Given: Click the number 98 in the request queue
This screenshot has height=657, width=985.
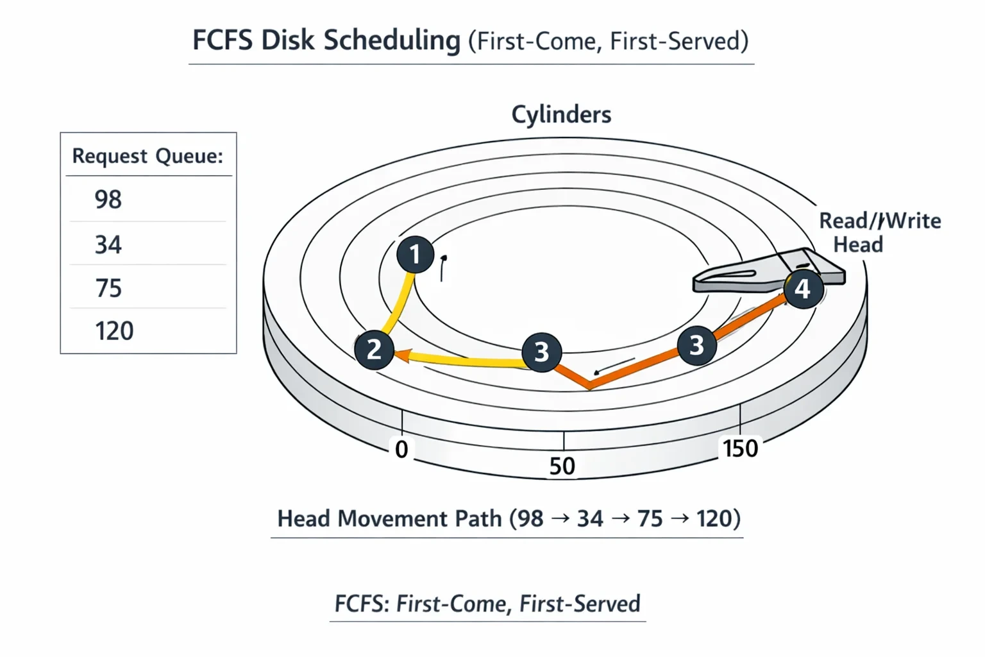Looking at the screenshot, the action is point(108,200).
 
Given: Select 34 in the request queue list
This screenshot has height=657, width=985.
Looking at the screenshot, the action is point(108,244).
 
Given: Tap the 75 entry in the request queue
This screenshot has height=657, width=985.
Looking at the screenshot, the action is point(108,288).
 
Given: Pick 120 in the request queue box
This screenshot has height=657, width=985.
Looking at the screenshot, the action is point(114,331).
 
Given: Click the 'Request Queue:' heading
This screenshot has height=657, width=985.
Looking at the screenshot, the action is point(147,156).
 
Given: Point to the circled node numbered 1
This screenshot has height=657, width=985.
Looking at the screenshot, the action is point(415,254).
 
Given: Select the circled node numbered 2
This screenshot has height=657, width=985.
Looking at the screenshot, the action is point(374,350).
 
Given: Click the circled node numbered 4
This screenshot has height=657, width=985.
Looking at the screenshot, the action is point(803,289).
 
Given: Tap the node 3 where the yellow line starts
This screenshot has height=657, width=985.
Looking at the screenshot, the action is point(541,352).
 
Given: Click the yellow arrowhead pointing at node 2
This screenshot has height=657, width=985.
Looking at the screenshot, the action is point(402,355).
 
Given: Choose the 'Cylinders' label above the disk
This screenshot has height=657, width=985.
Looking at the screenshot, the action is point(561,114).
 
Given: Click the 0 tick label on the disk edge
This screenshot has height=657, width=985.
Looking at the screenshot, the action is point(401,450).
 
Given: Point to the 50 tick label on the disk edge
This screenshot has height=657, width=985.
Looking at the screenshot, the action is point(562,466).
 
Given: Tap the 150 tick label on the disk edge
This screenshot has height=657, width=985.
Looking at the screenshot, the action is point(741,448).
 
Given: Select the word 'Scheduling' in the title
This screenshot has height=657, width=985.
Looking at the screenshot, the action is point(392,41).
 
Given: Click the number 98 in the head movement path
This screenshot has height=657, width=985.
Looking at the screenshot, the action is point(530,518).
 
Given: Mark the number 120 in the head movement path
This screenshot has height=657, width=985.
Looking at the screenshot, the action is point(714,518).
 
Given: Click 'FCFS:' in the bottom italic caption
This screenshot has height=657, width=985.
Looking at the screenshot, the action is point(362,603).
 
